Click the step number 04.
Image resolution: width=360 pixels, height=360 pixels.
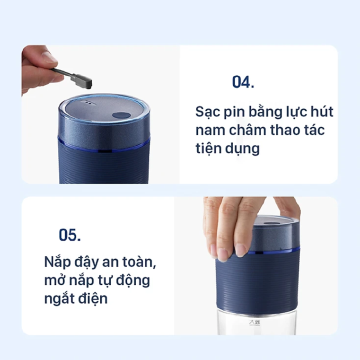tap(243, 82)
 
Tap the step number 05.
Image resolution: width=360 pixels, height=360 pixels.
tap(70, 234)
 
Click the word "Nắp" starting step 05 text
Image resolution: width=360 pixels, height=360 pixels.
tap(57, 262)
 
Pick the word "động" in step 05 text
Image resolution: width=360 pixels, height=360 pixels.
tap(133, 281)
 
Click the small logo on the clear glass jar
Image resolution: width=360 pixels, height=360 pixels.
tap(254, 323)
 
